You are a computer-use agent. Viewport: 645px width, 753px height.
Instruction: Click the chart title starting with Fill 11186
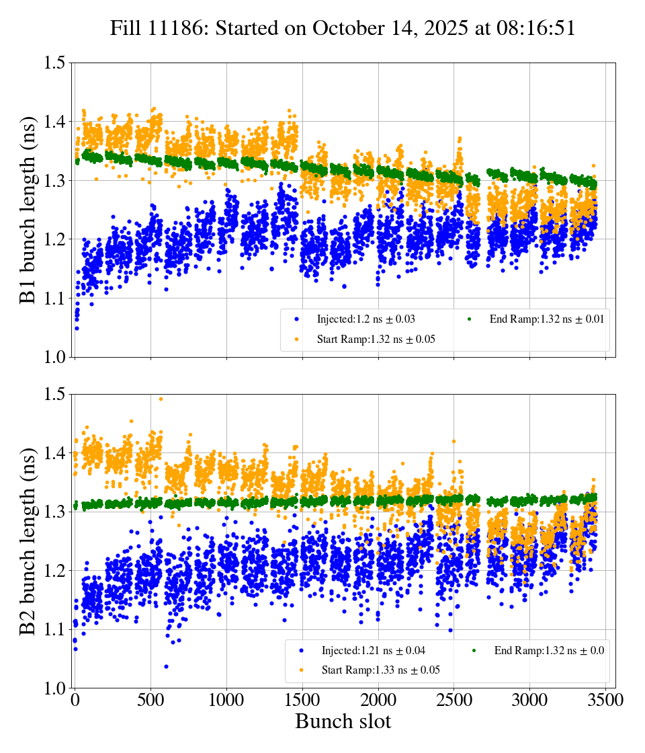[x=343, y=28]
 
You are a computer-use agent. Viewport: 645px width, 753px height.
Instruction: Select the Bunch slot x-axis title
[x=343, y=721]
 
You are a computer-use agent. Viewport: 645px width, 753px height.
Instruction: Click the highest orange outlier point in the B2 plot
[x=161, y=399]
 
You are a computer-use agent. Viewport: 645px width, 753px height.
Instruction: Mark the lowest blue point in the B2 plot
[x=166, y=666]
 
